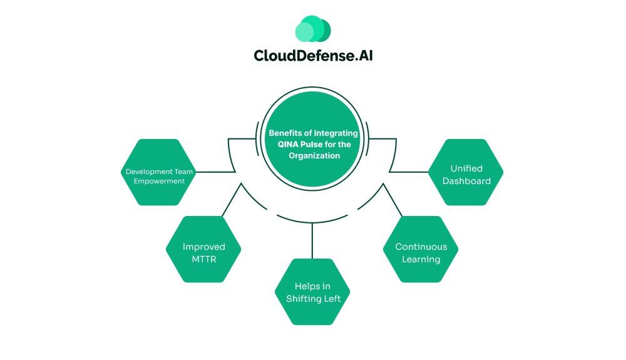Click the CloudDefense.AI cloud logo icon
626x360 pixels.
point(312,29)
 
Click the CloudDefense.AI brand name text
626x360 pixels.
point(313,55)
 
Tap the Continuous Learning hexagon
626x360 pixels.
point(421,252)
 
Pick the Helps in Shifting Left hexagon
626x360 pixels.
point(313,292)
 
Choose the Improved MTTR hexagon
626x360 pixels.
point(203,252)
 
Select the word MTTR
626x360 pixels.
point(203,259)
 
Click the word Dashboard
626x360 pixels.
point(466,181)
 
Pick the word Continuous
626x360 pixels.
point(421,247)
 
